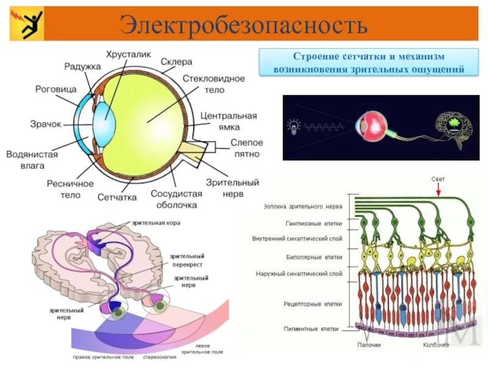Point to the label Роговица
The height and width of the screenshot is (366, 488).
pyautogui.click(x=56, y=89)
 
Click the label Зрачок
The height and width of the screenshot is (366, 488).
pyautogui.click(x=46, y=124)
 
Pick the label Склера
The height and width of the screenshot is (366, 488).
pyautogui.click(x=176, y=62)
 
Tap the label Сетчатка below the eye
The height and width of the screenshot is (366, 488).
pyautogui.click(x=117, y=197)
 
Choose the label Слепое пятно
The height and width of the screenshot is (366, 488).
pyautogui.click(x=246, y=148)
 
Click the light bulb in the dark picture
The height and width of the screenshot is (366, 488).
pyautogui.click(x=294, y=126)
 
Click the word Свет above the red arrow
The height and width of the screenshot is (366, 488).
pyautogui.click(x=438, y=179)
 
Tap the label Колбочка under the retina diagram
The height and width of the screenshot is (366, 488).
pyautogui.click(x=436, y=345)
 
